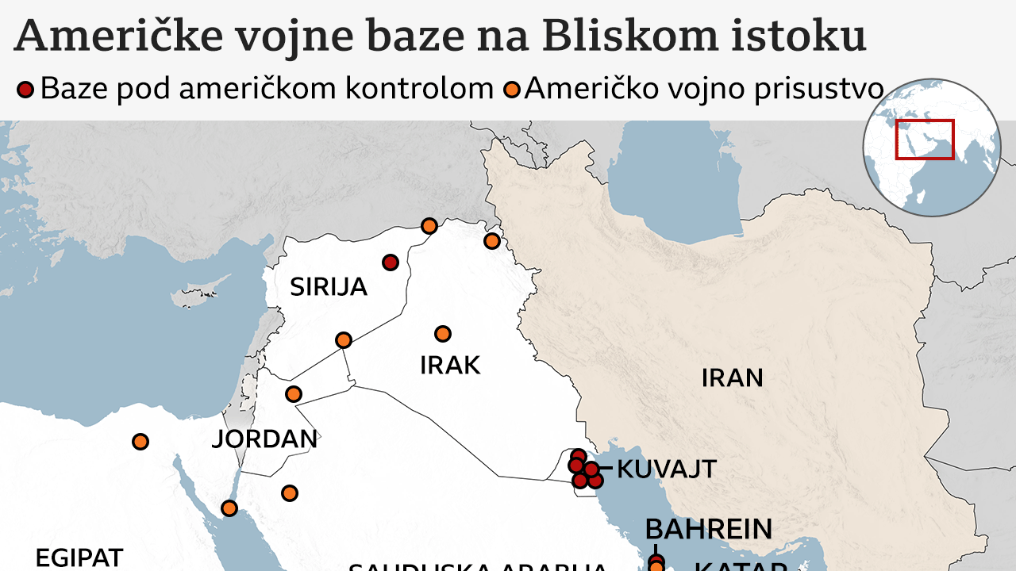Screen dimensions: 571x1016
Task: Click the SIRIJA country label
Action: [328, 286]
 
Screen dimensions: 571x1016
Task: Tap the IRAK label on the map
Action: [450, 366]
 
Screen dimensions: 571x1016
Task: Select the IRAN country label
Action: [732, 377]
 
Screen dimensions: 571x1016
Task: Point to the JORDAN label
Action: [264, 439]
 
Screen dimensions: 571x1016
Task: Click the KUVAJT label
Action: [666, 469]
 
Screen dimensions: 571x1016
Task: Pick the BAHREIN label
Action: [708, 529]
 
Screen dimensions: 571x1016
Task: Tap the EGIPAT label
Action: [79, 558]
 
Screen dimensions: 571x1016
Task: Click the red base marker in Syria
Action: [390, 263]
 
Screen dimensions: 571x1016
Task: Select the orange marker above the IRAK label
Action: [443, 333]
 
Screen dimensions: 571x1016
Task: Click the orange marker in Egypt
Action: [140, 441]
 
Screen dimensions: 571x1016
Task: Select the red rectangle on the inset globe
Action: [924, 139]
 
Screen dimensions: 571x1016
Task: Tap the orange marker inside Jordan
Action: [294, 393]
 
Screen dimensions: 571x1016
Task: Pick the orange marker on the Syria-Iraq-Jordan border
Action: [344, 340]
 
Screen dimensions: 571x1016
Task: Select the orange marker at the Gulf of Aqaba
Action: [229, 508]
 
